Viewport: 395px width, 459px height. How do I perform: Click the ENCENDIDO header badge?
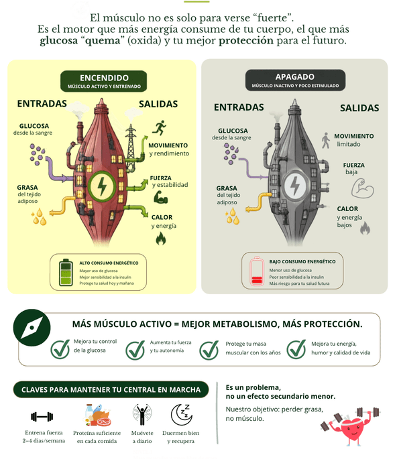pyautogui.click(x=104, y=81)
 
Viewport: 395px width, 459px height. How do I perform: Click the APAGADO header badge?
pyautogui.click(x=295, y=80)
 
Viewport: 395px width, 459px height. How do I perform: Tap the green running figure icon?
pyautogui.click(x=160, y=127)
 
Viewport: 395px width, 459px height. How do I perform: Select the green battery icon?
pyautogui.click(x=66, y=272)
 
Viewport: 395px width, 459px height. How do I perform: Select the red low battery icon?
pyautogui.click(x=257, y=271)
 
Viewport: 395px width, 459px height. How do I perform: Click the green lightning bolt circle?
pyautogui.click(x=102, y=186)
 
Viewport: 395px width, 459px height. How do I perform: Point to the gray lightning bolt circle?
pyautogui.click(x=295, y=185)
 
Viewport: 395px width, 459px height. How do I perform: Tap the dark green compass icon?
pyautogui.click(x=32, y=328)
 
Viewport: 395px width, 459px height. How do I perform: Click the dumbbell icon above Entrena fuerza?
pyautogui.click(x=42, y=417)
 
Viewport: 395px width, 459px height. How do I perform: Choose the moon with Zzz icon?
pyautogui.click(x=182, y=415)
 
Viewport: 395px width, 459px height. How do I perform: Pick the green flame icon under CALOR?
pyautogui.click(x=161, y=238)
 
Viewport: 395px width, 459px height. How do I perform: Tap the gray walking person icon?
pyautogui.click(x=325, y=141)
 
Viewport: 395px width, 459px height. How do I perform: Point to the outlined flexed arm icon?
pyautogui.click(x=363, y=188)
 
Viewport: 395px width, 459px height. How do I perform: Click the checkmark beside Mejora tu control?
pyautogui.click(x=60, y=349)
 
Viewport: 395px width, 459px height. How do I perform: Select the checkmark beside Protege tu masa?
pyautogui.click(x=209, y=350)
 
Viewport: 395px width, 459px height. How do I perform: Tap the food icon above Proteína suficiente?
pyautogui.click(x=98, y=415)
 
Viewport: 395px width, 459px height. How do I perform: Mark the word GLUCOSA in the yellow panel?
pyautogui.click(x=34, y=126)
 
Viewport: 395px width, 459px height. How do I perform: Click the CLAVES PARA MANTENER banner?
pyautogui.click(x=111, y=389)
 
